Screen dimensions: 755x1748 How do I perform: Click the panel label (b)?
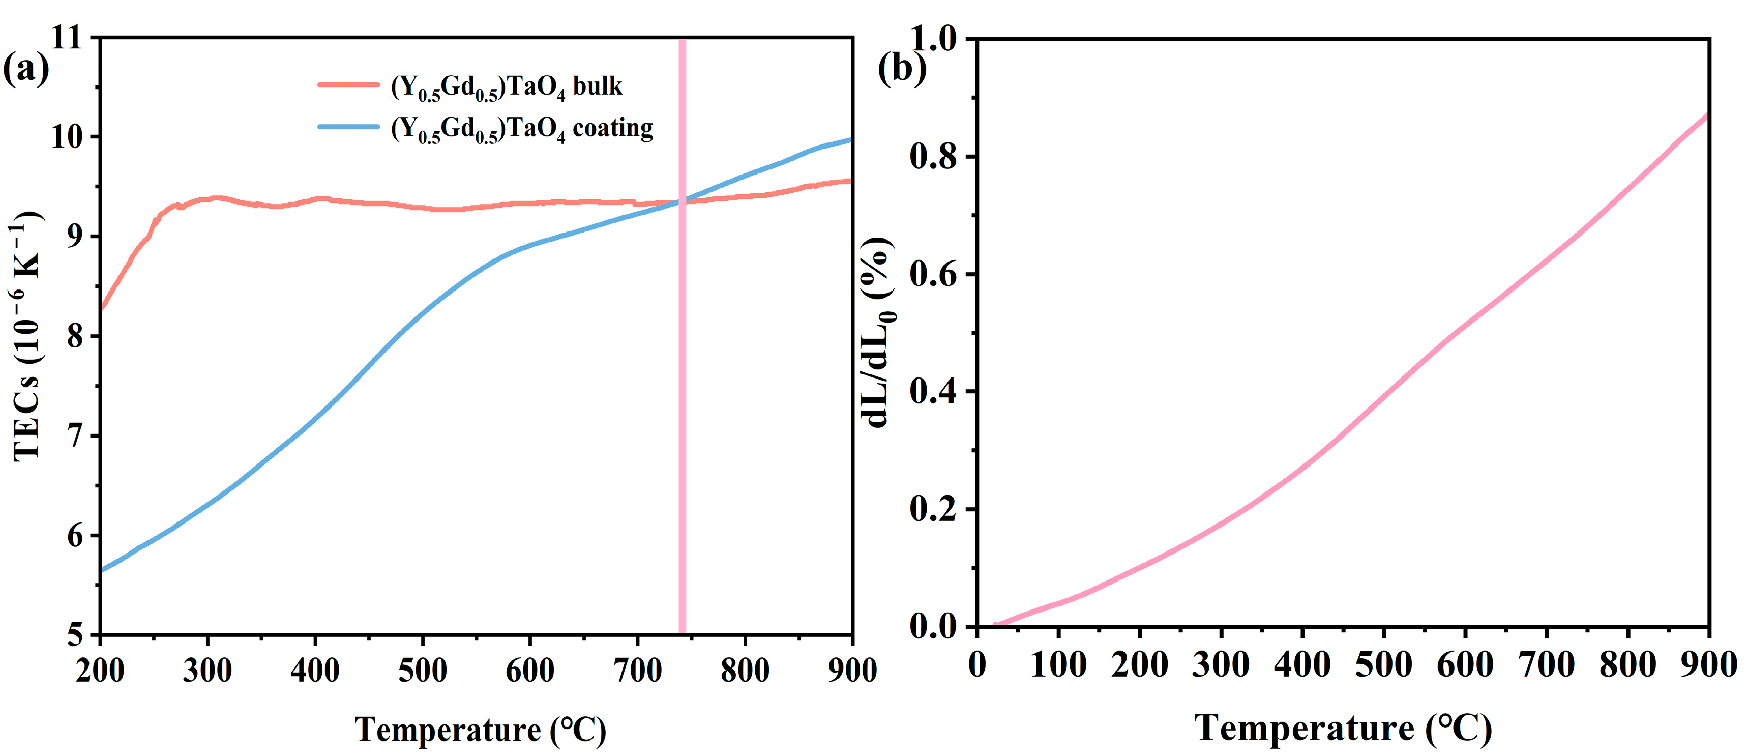901,69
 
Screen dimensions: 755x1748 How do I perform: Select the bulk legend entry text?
506,87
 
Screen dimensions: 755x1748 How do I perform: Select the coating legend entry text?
522,128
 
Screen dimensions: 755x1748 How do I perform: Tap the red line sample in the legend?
348,85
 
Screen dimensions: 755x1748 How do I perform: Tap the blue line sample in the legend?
348,126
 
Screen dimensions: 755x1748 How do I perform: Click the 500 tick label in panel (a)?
422,671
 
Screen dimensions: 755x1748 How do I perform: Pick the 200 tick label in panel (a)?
100,671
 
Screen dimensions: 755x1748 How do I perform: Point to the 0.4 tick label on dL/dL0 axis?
932,392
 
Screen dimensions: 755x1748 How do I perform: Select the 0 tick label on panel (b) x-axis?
977,664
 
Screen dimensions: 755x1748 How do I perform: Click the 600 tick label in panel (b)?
1465,664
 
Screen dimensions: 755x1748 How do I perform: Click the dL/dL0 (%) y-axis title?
879,333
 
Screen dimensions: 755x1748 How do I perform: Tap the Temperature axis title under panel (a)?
481,731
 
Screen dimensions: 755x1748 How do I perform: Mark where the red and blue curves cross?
682,201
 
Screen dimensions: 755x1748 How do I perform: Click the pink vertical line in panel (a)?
682,408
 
